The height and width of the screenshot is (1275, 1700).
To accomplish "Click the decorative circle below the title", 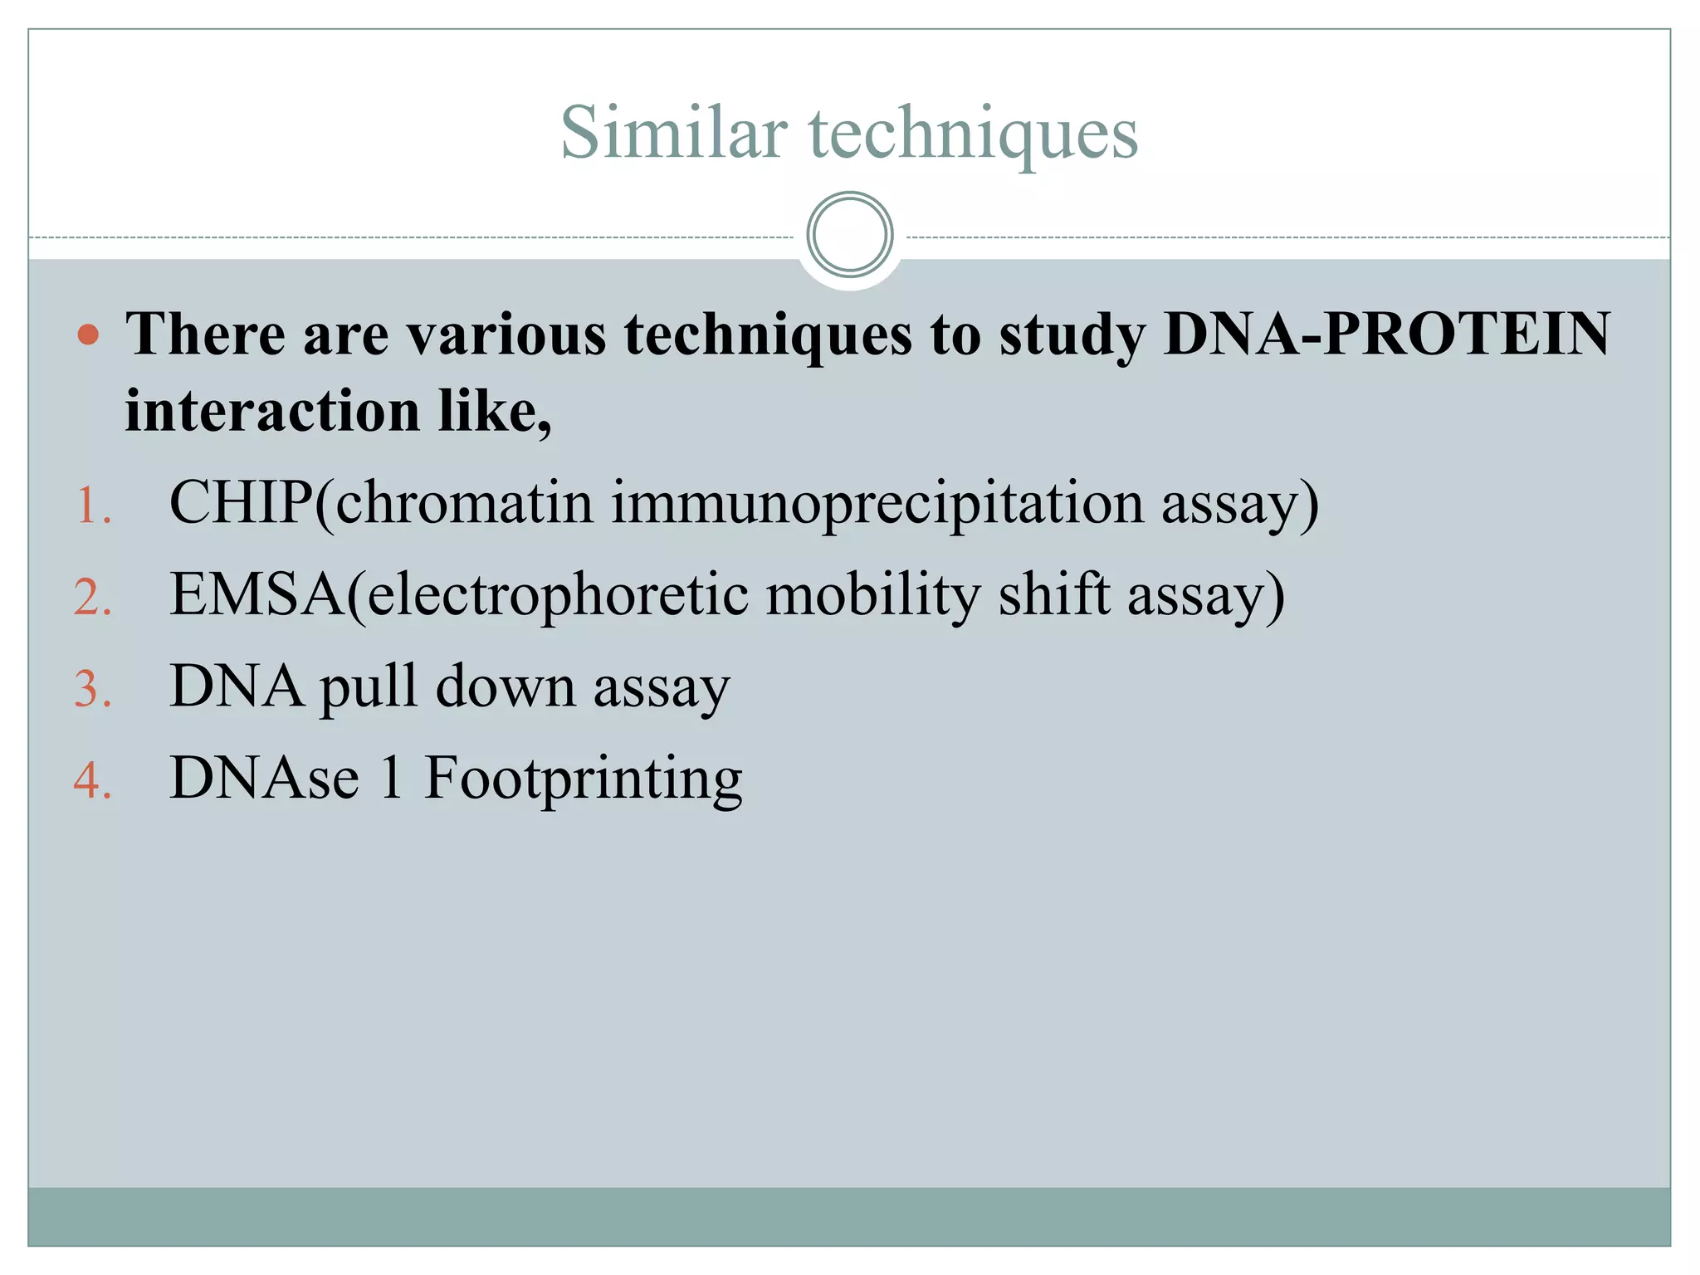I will click(849, 235).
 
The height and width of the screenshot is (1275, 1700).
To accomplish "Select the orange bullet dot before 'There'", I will click(88, 335).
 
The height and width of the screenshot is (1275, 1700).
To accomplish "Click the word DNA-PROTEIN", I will click(1386, 334).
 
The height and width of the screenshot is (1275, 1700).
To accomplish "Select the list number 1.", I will click(92, 506).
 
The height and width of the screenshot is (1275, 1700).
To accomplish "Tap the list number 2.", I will click(92, 598).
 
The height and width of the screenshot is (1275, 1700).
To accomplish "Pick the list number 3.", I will click(92, 689).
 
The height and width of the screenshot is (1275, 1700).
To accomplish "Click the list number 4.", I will click(92, 781).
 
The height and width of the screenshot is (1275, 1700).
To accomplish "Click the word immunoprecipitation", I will click(877, 504).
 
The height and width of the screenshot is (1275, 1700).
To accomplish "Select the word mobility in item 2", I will click(872, 595).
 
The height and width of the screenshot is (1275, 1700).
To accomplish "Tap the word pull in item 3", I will click(369, 688).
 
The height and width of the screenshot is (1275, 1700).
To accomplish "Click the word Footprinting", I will click(583, 779).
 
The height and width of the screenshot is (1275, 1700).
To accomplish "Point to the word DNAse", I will click(265, 779).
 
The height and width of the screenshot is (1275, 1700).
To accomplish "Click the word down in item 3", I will click(506, 687).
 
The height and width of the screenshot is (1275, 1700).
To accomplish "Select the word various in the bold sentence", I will click(507, 335).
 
